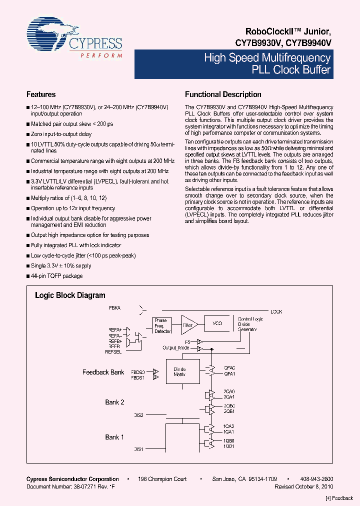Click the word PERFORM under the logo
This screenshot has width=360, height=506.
click(x=101, y=55)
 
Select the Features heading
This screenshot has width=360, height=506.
click(x=41, y=94)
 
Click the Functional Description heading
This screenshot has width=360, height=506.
click(x=223, y=94)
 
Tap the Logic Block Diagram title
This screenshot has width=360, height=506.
click(x=70, y=295)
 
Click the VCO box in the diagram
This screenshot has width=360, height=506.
click(x=217, y=324)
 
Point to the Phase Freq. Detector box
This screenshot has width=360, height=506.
click(x=162, y=325)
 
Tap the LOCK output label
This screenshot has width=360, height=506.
click(x=276, y=312)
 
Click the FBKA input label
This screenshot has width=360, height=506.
click(x=115, y=307)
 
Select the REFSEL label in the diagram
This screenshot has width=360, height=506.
click(x=113, y=352)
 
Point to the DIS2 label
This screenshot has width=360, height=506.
click(x=138, y=415)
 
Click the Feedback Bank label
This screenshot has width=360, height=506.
click(x=103, y=372)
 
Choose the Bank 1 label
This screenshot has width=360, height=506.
click(x=114, y=437)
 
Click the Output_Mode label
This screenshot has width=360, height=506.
click(x=175, y=347)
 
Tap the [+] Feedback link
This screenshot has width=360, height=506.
click(x=339, y=498)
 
